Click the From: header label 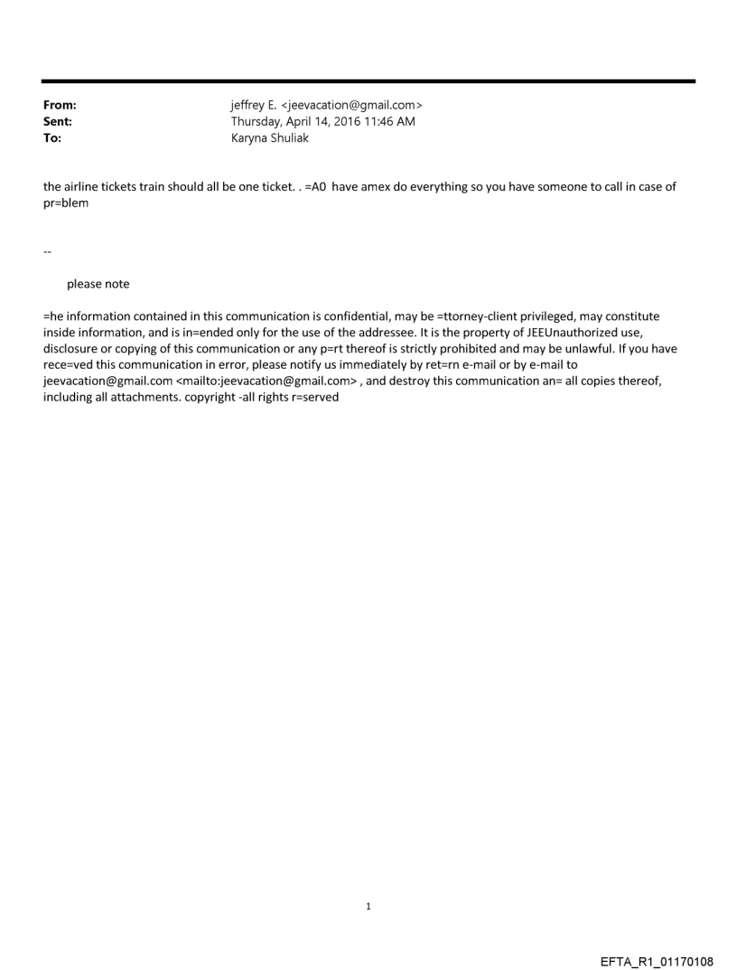click(x=60, y=107)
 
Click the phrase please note click(x=98, y=284)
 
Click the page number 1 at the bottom click(x=368, y=906)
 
